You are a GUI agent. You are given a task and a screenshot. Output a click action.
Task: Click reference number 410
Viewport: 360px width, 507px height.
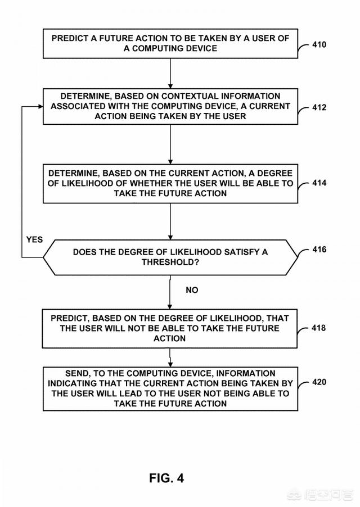pos(319,44)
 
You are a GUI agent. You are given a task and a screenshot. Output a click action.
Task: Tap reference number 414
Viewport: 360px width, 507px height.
pos(319,183)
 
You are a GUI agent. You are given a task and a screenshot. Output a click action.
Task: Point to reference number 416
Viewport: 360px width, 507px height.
pos(319,249)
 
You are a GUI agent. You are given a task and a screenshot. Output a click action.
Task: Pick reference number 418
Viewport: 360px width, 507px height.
pos(319,328)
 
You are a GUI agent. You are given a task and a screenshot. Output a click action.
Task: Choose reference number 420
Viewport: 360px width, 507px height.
pos(319,382)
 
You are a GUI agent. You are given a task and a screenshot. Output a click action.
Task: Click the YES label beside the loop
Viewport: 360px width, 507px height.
pos(34,239)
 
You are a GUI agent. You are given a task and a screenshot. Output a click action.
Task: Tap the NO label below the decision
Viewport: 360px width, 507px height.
pos(192,290)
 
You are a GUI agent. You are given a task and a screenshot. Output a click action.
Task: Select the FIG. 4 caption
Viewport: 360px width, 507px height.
pos(166,478)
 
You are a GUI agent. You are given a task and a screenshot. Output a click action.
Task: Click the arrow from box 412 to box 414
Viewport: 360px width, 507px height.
pos(170,144)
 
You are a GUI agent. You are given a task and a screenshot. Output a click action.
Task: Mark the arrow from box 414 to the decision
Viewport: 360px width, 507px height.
pos(170,220)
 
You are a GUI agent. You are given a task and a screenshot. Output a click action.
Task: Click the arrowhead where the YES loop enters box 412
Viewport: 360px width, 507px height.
pos(40,106)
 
